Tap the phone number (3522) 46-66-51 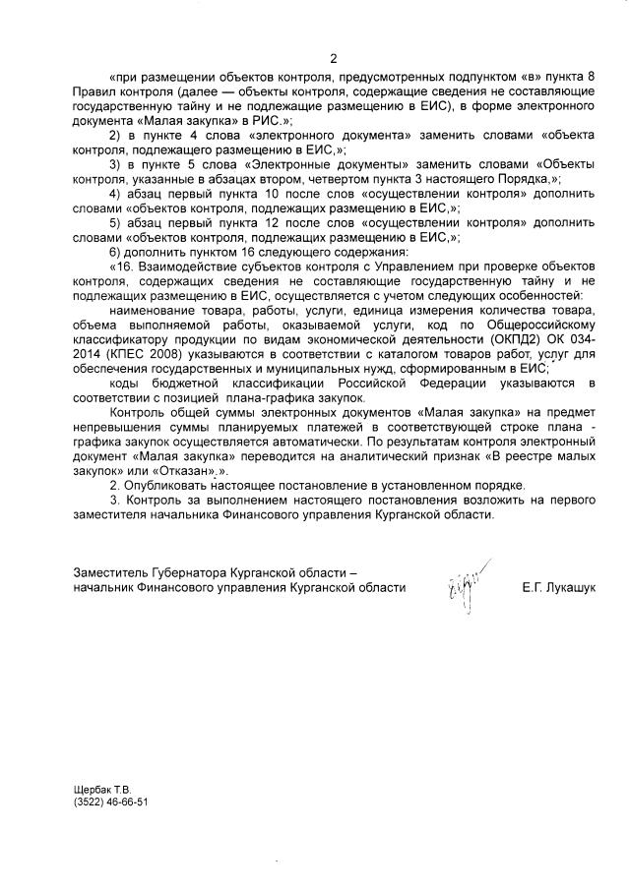[111, 801]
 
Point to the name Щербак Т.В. [102, 789]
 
